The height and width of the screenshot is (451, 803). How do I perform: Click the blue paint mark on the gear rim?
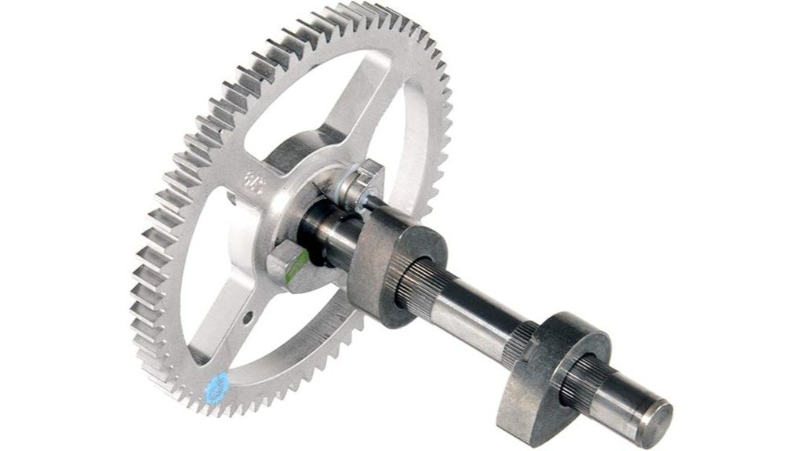[217, 384]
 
